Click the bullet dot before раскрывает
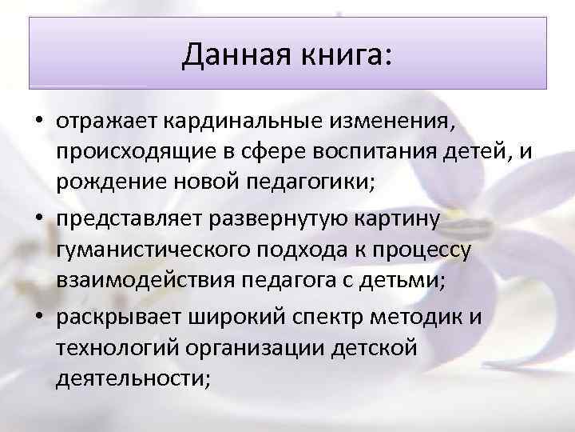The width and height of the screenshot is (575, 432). point(38,315)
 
